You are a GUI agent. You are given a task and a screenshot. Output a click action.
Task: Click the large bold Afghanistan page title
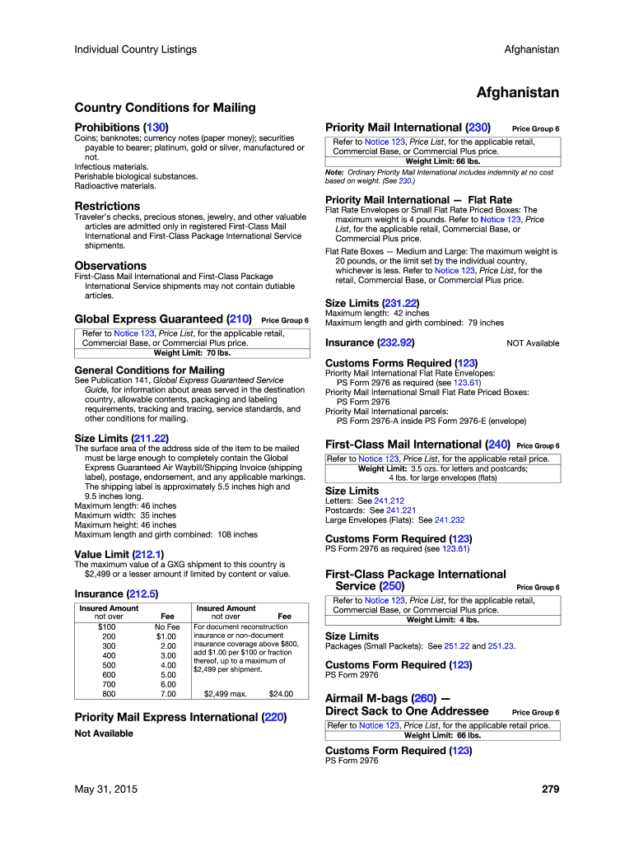pos(518,92)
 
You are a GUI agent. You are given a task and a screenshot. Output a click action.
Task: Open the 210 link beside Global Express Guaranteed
pos(239,319)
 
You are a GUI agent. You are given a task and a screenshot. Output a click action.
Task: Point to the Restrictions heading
pos(107,206)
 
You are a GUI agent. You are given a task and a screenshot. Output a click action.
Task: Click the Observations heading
pos(110,266)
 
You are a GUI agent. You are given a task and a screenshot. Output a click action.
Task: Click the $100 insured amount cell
pos(108,626)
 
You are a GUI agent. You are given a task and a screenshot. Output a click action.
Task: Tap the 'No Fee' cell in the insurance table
pos(167,626)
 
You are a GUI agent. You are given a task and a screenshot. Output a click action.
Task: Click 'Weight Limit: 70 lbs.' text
pos(192,353)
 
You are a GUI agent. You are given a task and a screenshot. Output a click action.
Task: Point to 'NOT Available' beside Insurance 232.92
pos(533,343)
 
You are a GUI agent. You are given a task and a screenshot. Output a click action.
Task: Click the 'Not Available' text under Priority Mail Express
pos(104,734)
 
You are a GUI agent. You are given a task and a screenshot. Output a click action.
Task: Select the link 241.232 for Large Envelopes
pos(450,520)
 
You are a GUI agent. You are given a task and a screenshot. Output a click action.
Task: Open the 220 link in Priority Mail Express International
pos(274,718)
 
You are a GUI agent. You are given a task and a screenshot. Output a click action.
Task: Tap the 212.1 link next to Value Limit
pos(149,554)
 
